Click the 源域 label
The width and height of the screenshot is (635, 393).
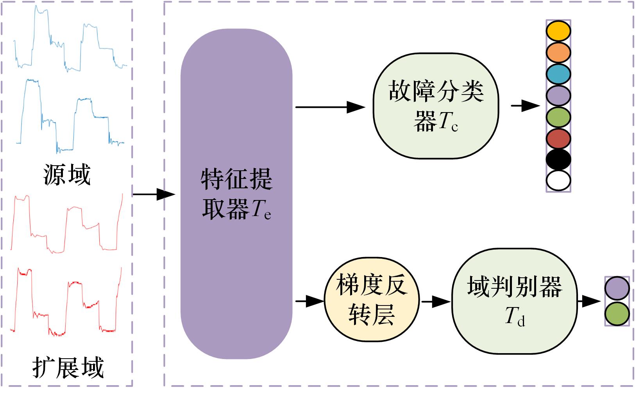tap(67, 175)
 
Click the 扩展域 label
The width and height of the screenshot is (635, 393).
tap(68, 367)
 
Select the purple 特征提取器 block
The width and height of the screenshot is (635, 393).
tap(236, 194)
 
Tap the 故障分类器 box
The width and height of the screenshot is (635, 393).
tap(436, 106)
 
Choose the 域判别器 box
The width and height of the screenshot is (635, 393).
tap(514, 301)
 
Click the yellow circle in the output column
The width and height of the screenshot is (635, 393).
tap(558, 31)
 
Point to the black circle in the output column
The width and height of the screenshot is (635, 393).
tap(558, 159)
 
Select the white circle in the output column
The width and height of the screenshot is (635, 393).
tap(558, 180)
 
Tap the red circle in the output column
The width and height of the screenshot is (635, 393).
tap(558, 138)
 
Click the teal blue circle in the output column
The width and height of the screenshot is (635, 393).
tap(558, 74)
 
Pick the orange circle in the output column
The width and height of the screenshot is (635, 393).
tap(558, 53)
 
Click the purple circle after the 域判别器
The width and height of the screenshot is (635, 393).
tap(617, 289)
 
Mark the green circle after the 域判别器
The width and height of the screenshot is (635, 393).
tap(617, 314)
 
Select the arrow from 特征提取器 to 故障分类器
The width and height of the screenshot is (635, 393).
tap(330, 107)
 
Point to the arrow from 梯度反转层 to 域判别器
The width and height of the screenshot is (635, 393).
tap(435, 301)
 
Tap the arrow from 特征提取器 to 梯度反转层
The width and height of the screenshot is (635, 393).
tap(310, 301)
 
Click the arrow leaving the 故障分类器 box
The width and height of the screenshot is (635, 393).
tap(525, 105)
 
